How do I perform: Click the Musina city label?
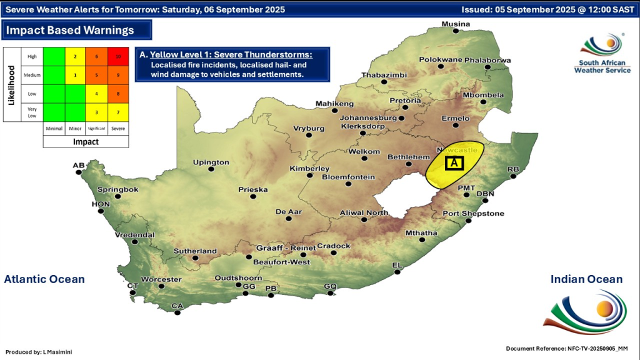(x=456, y=24)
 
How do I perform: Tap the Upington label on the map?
(x=211, y=162)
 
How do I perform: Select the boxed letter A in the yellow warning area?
(x=454, y=163)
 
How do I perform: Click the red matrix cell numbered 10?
(x=117, y=56)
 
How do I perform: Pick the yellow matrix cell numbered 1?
(x=75, y=75)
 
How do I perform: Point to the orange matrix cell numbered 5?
(x=96, y=75)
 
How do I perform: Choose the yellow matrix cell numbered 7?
(x=117, y=112)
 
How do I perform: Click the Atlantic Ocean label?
(x=44, y=279)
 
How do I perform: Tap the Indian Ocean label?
(x=586, y=279)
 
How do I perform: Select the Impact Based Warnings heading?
(x=70, y=30)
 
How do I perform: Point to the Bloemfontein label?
(x=348, y=177)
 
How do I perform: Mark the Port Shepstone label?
(x=473, y=214)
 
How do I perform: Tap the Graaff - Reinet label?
(x=286, y=248)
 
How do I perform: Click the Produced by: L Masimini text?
(x=39, y=352)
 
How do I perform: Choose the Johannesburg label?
(x=369, y=117)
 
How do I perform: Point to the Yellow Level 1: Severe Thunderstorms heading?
(x=231, y=55)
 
